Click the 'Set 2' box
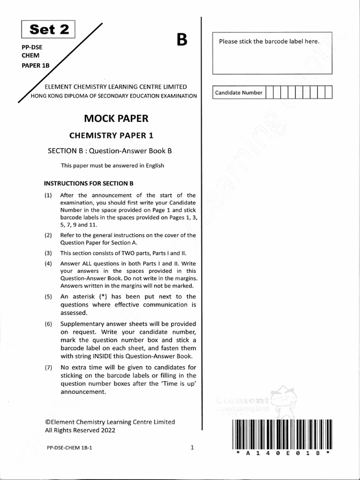49,30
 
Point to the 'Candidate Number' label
239,92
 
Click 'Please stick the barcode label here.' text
270,41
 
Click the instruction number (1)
48,195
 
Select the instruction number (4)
48,263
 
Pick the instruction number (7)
48,367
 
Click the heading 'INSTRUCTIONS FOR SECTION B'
89,183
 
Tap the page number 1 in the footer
192,448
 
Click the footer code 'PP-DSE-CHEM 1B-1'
69,448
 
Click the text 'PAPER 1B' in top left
36,65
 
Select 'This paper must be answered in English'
112,165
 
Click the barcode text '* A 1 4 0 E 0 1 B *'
282,454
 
